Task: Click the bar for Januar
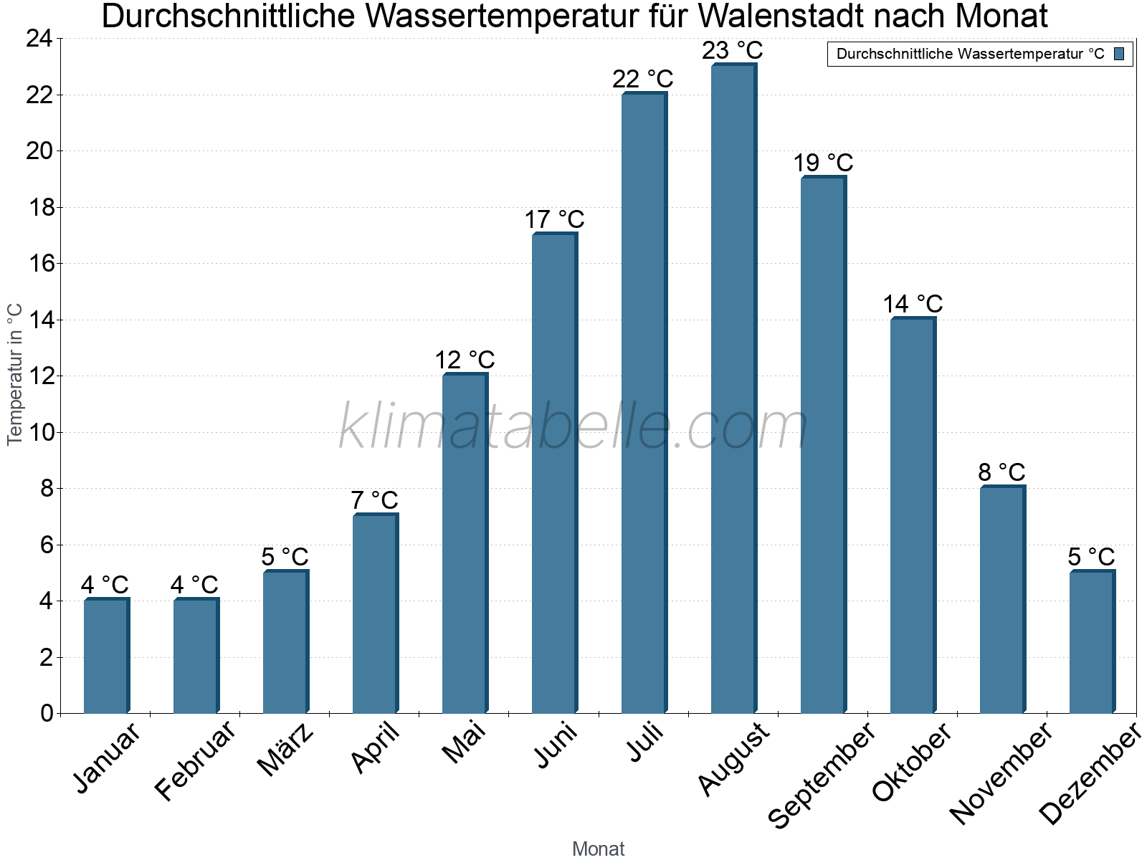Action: point(106,656)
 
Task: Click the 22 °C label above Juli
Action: point(643,79)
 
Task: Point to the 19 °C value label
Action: point(823,163)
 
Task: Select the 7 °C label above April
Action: point(374,500)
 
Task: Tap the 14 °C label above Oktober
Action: point(913,305)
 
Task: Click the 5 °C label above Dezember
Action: point(1091,557)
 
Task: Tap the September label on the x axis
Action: point(822,775)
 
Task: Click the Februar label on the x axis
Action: point(194,761)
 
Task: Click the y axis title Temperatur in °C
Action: point(15,374)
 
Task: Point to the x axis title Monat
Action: point(599,849)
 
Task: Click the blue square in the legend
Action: point(1119,54)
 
